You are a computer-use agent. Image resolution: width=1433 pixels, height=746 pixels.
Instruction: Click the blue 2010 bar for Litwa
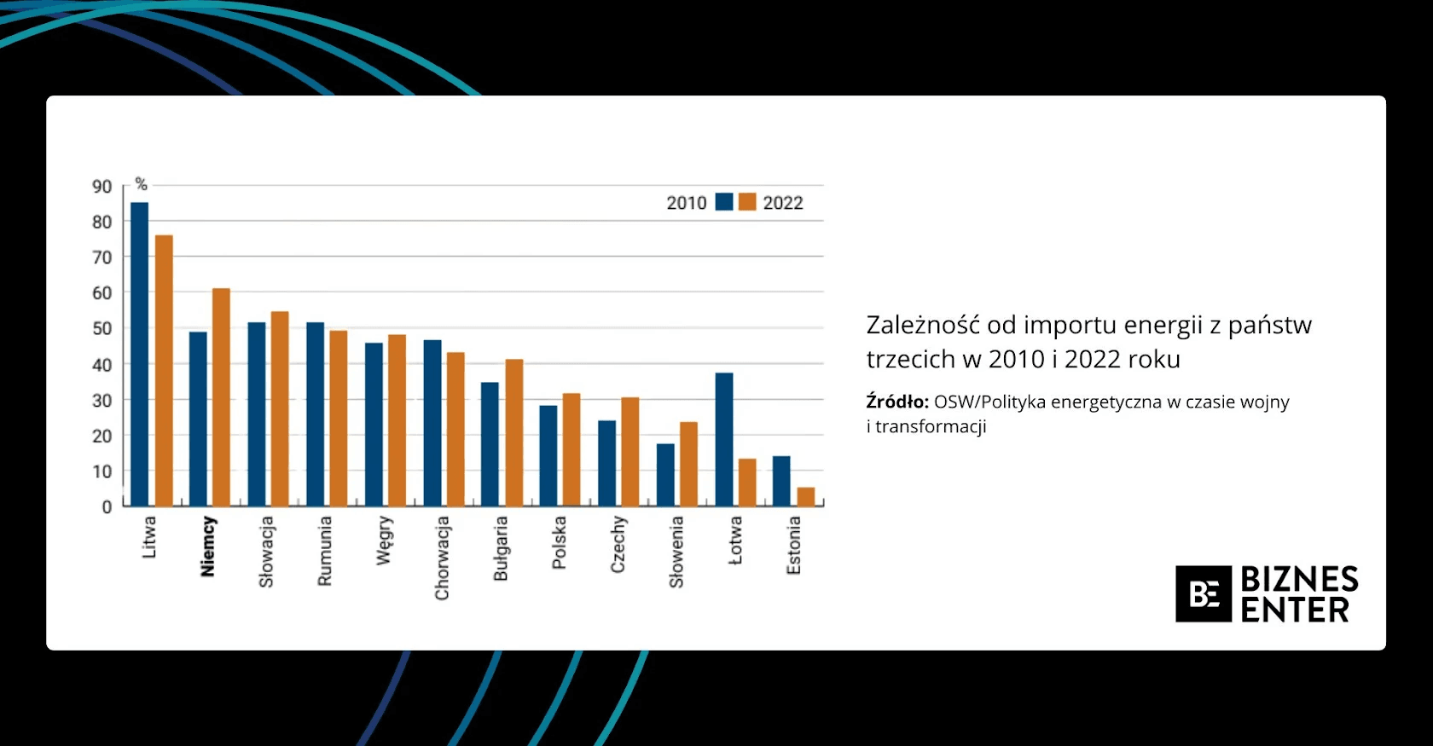tap(139, 354)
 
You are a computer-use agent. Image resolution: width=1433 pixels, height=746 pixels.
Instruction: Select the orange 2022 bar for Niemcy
tap(221, 397)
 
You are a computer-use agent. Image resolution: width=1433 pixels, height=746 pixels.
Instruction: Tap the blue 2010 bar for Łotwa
tap(724, 439)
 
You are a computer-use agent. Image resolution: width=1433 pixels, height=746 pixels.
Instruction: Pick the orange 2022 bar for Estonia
tap(805, 497)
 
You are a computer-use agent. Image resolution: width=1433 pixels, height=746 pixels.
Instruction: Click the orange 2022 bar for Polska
tap(571, 449)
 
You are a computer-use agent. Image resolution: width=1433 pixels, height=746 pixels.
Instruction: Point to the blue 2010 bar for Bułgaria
tap(490, 444)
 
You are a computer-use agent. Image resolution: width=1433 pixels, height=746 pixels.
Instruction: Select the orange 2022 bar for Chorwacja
tap(455, 429)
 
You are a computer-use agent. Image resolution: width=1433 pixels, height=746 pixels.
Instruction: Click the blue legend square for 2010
tap(724, 202)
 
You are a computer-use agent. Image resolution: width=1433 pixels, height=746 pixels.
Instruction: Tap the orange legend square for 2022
tap(747, 202)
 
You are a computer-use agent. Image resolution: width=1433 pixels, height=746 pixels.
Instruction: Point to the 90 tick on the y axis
tap(102, 187)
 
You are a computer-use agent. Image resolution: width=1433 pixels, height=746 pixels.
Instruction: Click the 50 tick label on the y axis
tap(102, 328)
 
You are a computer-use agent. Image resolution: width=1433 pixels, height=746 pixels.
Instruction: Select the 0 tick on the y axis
tap(107, 507)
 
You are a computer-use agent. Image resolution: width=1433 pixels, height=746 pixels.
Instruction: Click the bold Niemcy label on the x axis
tap(207, 546)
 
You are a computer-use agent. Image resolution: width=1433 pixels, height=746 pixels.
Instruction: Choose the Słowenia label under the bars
tap(676, 552)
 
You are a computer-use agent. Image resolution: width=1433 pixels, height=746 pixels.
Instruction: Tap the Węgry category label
tap(384, 541)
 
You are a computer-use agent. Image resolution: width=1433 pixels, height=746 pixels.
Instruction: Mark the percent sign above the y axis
tap(142, 183)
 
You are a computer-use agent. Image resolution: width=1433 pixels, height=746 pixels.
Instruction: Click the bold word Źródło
tap(897, 402)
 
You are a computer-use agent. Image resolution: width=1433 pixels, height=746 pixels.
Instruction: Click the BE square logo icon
tap(1203, 593)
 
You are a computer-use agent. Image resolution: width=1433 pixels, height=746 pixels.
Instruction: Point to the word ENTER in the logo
tap(1295, 610)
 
